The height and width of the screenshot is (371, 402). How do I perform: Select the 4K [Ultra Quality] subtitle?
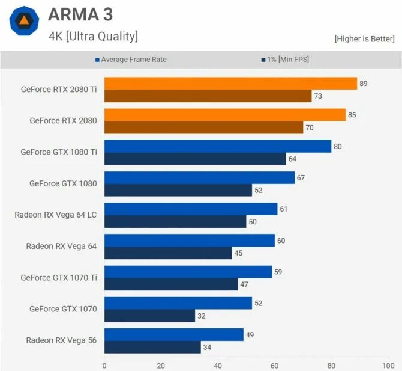pyautogui.click(x=93, y=36)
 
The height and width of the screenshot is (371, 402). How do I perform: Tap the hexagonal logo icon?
pyautogui.click(x=25, y=22)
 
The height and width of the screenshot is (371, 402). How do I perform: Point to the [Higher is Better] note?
pyautogui.click(x=364, y=39)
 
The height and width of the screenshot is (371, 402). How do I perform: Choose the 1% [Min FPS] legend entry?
pyautogui.click(x=285, y=60)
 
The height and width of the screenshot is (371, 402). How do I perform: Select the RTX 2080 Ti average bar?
pyautogui.click(x=230, y=84)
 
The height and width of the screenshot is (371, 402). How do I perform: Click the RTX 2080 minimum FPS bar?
pyautogui.click(x=203, y=127)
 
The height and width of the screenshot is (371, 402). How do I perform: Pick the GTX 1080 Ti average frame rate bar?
pyautogui.click(x=218, y=146)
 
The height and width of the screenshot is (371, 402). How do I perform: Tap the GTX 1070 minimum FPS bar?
pyautogui.click(x=149, y=316)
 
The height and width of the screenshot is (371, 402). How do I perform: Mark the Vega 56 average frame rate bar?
pyautogui.click(x=174, y=334)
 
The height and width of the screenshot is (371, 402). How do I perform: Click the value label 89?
pyautogui.click(x=363, y=84)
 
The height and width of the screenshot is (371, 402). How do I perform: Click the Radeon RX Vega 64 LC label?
pyautogui.click(x=56, y=215)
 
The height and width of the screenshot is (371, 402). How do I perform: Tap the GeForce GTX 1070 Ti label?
pyautogui.click(x=59, y=278)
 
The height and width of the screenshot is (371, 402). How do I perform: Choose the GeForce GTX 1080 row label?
pyautogui.click(x=63, y=183)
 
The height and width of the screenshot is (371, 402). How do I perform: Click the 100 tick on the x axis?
pyautogui.click(x=388, y=365)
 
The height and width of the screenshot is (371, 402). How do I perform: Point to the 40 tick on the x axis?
pyautogui.click(x=218, y=365)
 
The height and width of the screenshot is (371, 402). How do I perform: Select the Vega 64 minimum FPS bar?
pyautogui.click(x=168, y=253)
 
